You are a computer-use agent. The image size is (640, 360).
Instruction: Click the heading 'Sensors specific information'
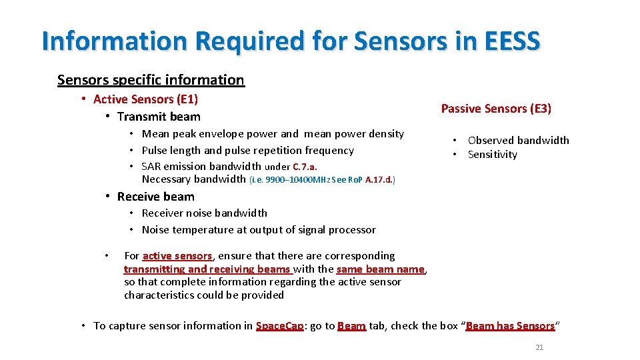click(x=151, y=80)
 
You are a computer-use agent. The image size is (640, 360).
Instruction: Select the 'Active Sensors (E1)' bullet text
click(x=145, y=99)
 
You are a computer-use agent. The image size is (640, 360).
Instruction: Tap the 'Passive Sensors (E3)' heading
click(x=496, y=109)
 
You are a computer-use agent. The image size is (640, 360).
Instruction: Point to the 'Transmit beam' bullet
click(x=158, y=117)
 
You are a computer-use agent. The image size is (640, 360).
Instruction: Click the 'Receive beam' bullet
click(x=155, y=197)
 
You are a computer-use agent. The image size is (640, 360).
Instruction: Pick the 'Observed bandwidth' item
click(x=518, y=140)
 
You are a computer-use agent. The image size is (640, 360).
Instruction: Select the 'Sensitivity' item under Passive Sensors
click(x=492, y=155)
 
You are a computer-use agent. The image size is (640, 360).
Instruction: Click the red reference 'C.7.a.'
click(x=305, y=167)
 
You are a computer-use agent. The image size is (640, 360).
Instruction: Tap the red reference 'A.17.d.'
click(x=377, y=179)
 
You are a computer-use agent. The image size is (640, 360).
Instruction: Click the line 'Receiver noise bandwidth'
click(x=204, y=213)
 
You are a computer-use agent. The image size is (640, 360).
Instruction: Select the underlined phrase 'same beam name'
click(x=380, y=269)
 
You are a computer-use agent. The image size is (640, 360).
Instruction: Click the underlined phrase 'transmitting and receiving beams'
click(x=207, y=269)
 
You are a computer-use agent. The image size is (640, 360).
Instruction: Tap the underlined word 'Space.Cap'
click(x=280, y=326)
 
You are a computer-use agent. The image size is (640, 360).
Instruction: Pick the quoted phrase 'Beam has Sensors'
click(x=510, y=326)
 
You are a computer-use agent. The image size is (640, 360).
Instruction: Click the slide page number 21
click(x=539, y=347)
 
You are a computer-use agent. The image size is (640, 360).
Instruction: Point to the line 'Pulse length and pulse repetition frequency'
click(x=247, y=151)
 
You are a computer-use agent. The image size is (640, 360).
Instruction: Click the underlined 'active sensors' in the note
click(x=177, y=256)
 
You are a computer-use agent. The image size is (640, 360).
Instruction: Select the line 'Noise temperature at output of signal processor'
click(x=259, y=230)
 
